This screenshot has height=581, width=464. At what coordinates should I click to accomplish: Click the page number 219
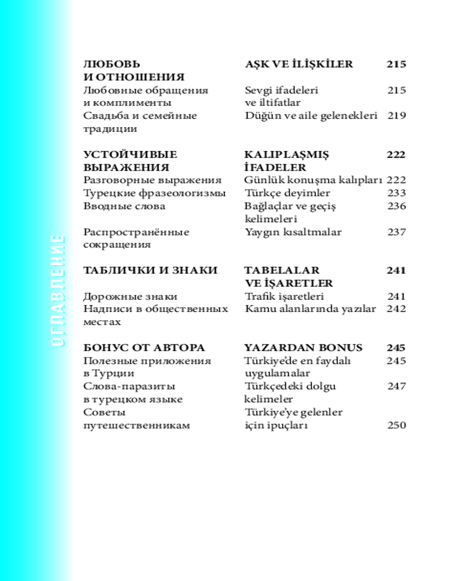(x=396, y=116)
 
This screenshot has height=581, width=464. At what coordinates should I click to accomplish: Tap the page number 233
(x=396, y=193)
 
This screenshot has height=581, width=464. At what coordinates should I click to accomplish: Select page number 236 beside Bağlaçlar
(x=396, y=206)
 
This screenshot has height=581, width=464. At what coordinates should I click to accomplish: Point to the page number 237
(x=396, y=232)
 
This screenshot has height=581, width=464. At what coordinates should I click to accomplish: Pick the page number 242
(x=396, y=309)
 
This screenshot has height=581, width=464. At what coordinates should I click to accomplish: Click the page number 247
(x=396, y=386)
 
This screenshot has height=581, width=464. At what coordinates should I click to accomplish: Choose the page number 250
(x=396, y=425)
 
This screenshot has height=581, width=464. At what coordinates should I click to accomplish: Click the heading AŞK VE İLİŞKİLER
(x=299, y=64)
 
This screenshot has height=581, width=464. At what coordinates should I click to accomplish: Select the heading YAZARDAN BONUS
(x=303, y=348)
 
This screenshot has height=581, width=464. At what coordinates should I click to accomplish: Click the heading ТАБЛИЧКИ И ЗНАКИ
(x=150, y=270)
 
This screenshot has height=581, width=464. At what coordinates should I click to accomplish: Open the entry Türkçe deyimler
(x=287, y=193)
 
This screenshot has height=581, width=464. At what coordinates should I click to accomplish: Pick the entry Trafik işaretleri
(x=284, y=296)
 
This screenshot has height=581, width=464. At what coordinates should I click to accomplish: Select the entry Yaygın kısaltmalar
(x=293, y=232)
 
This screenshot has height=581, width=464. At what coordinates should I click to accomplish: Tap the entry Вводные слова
(x=124, y=206)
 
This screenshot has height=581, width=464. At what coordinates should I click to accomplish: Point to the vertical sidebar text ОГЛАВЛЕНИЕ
(x=56, y=290)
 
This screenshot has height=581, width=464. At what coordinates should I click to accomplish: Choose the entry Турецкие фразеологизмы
(x=154, y=193)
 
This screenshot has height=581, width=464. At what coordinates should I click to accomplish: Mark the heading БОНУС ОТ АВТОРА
(x=144, y=348)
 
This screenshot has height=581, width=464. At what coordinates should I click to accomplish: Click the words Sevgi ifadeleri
(x=281, y=90)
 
